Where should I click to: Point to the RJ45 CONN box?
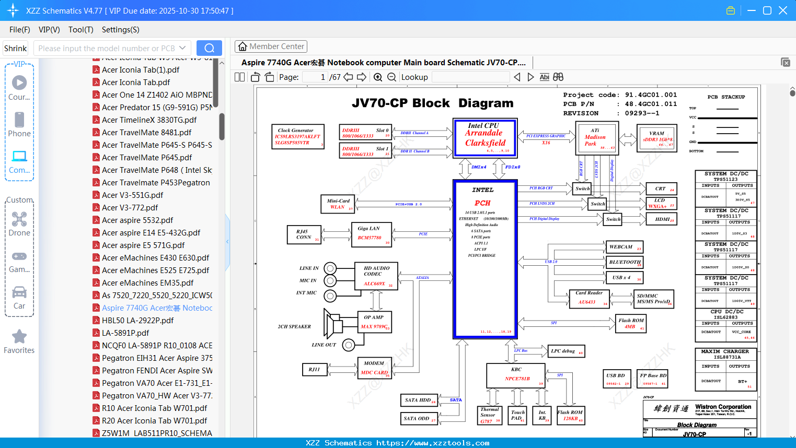coord(304,235)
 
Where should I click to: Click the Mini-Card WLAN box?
coord(338,204)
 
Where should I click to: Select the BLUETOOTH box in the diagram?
coord(625,262)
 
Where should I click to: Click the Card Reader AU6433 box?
coord(589,298)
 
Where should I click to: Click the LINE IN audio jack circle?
coord(330,268)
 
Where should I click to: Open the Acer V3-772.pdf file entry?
coord(130,208)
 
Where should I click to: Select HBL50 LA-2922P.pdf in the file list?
coord(137,321)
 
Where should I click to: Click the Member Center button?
coord(271,46)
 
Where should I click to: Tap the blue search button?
coord(209,48)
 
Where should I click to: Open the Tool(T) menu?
coord(80,30)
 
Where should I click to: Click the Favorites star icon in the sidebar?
coord(19,337)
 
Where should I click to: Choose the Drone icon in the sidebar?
coord(19,219)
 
